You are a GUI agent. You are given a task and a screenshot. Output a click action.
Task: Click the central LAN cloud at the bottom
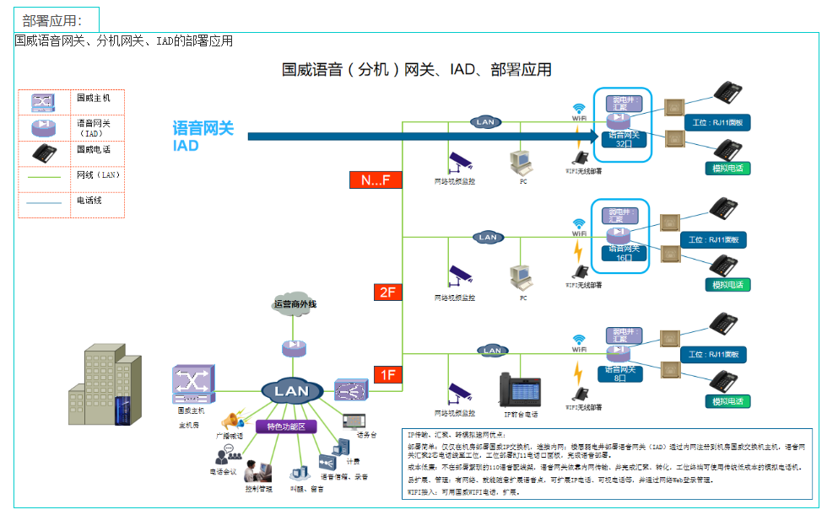point(292,390)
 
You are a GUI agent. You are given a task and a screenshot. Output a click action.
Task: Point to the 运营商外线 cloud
point(295,303)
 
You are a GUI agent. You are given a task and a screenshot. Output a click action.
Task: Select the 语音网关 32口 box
point(624,138)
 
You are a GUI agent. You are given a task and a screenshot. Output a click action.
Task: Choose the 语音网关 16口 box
point(624,253)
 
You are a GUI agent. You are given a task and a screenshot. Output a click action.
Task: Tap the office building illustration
point(105,388)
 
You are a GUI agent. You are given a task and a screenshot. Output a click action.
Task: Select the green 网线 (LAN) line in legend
point(44,177)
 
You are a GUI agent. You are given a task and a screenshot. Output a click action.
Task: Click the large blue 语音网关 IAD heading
point(203,136)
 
